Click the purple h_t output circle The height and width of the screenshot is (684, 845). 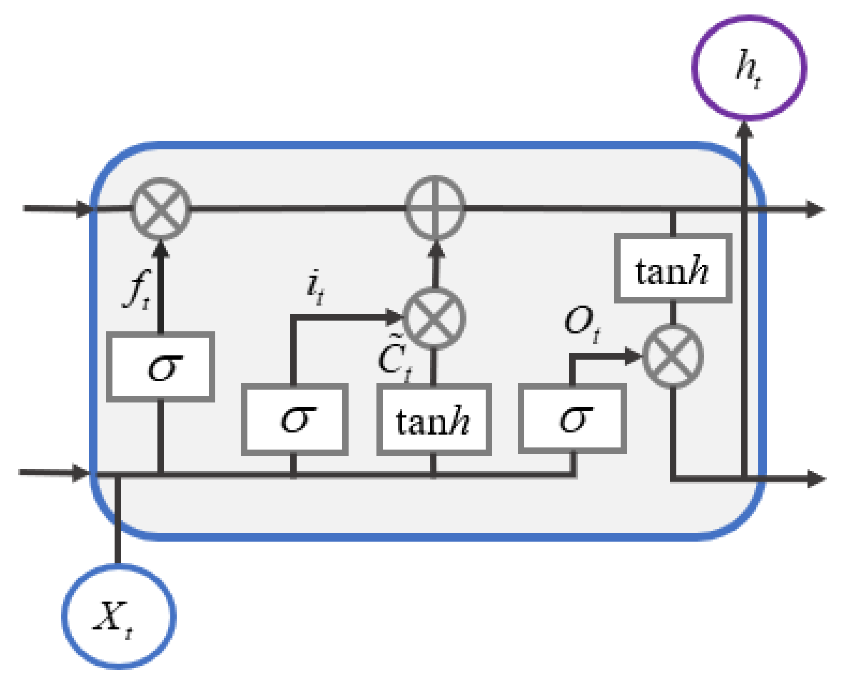[749, 67]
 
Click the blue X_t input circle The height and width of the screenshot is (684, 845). [119, 616]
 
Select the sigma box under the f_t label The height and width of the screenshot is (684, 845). [161, 367]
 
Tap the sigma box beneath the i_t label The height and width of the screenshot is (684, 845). [295, 420]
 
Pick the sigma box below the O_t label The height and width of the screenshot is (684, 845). [572, 419]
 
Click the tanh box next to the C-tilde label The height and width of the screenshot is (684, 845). [434, 420]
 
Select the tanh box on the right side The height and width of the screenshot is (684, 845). [673, 268]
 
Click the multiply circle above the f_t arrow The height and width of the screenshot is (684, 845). [161, 208]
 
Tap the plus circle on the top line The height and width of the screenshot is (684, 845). [435, 208]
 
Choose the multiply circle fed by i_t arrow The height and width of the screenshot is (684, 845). [434, 318]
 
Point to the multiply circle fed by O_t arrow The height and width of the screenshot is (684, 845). [673, 356]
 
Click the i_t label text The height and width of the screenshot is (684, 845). [315, 287]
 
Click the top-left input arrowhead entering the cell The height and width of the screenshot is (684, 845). [85, 208]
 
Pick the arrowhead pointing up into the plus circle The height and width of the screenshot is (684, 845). [435, 249]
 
